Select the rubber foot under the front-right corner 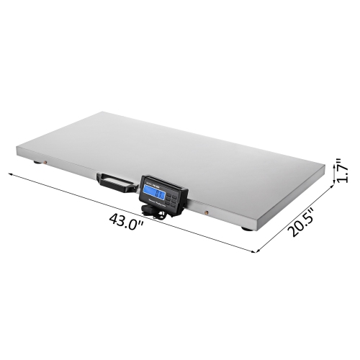pyautogui.click(x=247, y=229)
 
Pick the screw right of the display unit pyautogui.click(x=207, y=212)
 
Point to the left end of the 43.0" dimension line pyautogui.click(x=9, y=174)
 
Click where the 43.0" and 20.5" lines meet pyautogui.click(x=257, y=252)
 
